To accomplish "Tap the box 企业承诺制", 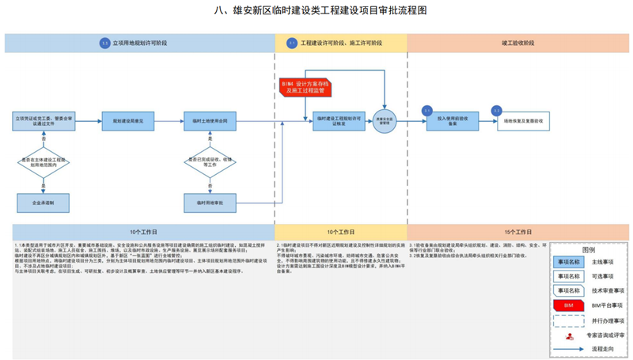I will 43,203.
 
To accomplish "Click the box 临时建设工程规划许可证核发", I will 339,121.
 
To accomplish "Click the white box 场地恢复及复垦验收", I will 522,121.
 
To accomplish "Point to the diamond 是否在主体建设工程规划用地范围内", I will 43,163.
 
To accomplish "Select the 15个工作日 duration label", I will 517,233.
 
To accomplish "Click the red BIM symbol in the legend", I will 568,305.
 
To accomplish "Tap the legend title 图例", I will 588,248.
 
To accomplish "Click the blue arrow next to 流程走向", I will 568,348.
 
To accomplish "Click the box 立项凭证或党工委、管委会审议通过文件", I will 43,121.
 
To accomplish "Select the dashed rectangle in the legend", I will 568,320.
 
